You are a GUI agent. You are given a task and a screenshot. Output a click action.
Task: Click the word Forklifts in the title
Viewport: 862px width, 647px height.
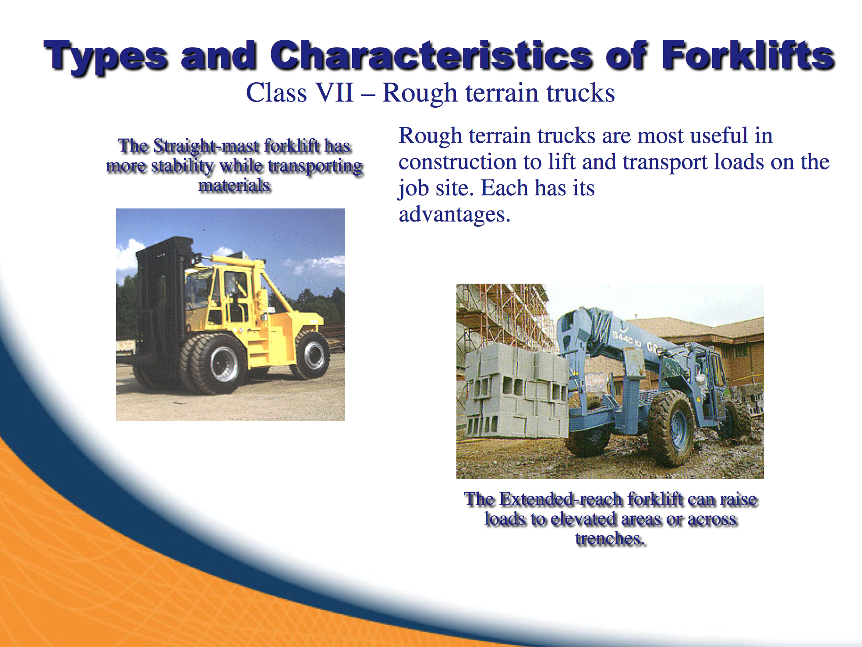click(748, 56)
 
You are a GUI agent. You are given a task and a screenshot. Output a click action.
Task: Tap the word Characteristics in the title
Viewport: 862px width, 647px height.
click(431, 56)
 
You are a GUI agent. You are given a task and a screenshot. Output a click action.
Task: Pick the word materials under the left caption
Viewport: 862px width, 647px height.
click(234, 185)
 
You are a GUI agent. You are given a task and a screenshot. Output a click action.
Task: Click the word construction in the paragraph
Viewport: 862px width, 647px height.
click(458, 162)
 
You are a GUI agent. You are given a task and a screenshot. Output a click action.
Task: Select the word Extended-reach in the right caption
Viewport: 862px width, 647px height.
click(561, 499)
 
